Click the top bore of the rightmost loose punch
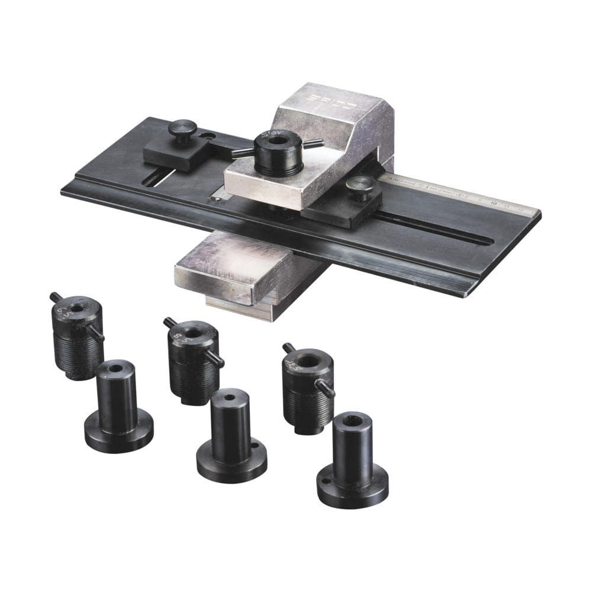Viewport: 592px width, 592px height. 307,359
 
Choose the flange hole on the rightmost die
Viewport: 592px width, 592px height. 324,481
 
